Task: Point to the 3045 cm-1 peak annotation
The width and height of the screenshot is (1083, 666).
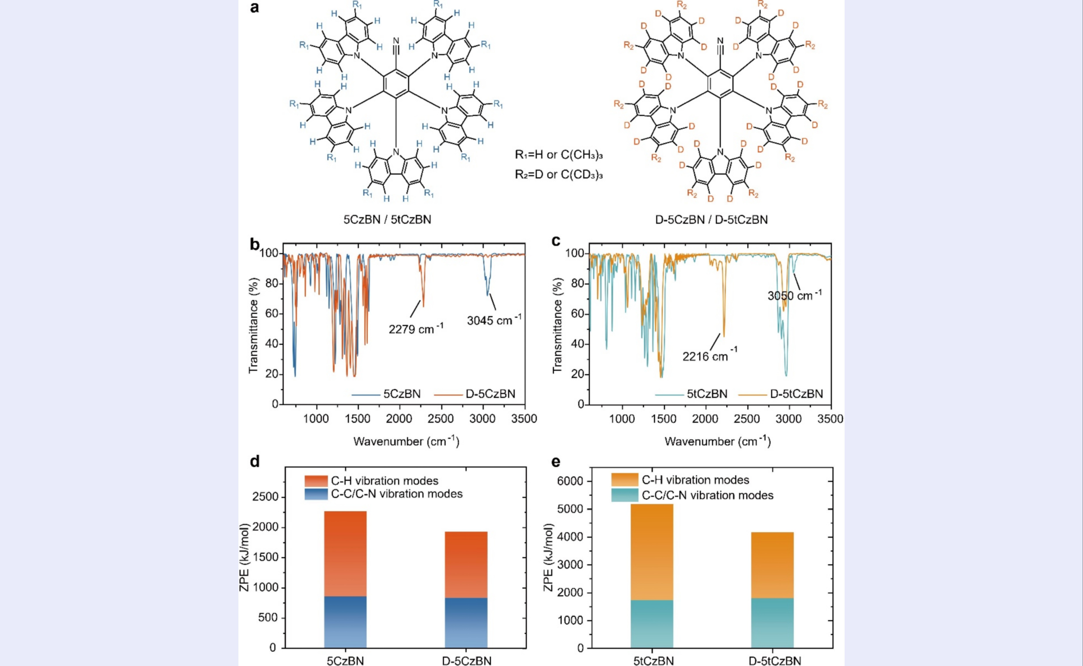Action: point(494,320)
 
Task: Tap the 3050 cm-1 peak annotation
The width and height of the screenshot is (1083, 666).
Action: point(794,295)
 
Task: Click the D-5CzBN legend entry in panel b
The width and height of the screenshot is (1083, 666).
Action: point(490,394)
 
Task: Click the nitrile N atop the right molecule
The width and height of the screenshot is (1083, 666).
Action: point(721,41)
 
